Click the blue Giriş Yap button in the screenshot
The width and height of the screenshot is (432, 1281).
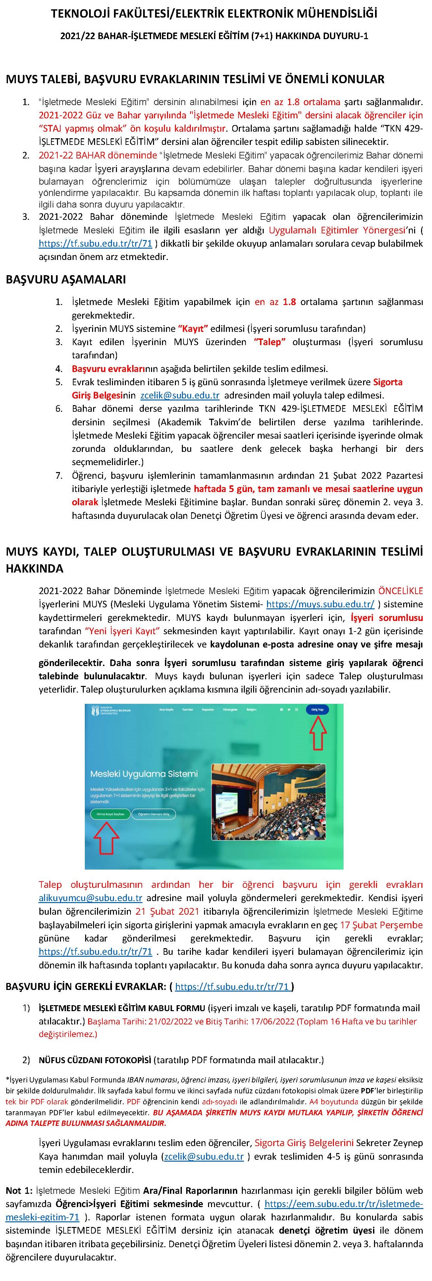click(x=317, y=709)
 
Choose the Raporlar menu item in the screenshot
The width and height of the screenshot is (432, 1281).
click(x=208, y=709)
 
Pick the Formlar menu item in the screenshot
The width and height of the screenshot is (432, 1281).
click(x=188, y=709)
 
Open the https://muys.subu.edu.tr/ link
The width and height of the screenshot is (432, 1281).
click(x=320, y=604)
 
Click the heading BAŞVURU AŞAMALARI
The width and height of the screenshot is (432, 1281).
click(x=66, y=279)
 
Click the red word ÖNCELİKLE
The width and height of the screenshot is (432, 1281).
click(x=401, y=591)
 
